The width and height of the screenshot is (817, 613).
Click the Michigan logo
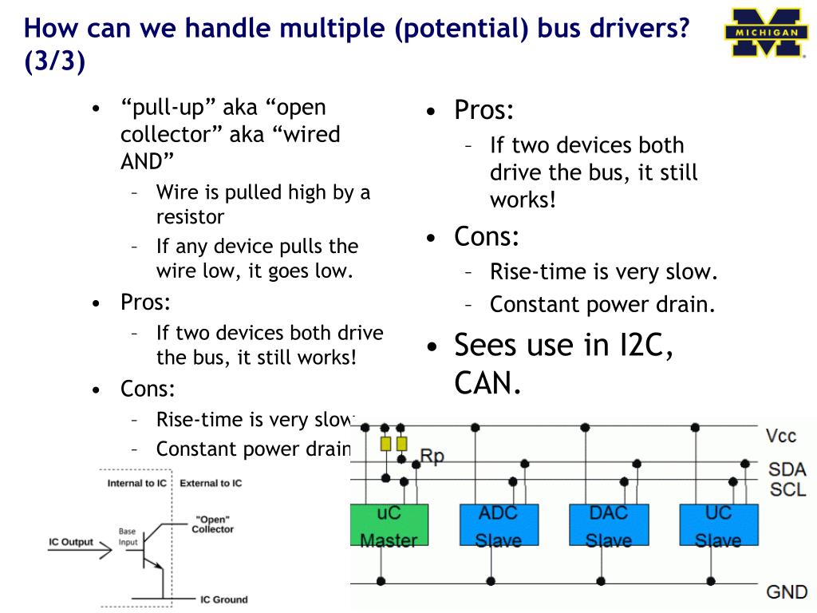[x=765, y=32]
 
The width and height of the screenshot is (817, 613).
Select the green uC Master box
[x=389, y=525]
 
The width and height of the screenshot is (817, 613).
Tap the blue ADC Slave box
[x=499, y=525]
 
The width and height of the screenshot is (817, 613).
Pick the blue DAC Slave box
[x=609, y=525]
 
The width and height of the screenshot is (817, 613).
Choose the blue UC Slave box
[x=719, y=525]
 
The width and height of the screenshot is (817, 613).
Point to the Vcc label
[x=780, y=436]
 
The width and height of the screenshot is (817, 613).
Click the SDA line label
[x=787, y=469]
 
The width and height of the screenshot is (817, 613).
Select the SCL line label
[x=787, y=489]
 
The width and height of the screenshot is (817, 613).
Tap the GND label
[x=786, y=592]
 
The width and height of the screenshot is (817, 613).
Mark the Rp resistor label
[x=432, y=456]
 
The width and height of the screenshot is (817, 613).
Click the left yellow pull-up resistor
[x=385, y=444]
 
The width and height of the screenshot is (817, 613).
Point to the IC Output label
[x=71, y=542]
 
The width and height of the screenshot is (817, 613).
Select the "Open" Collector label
[x=212, y=524]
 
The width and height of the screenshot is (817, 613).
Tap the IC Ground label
[x=224, y=599]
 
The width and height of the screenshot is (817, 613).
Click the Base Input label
[x=128, y=537]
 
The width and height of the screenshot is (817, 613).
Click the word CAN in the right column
[x=487, y=384]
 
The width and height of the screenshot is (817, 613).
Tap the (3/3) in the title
[x=55, y=61]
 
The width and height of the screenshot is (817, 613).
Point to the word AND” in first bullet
[x=147, y=161]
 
